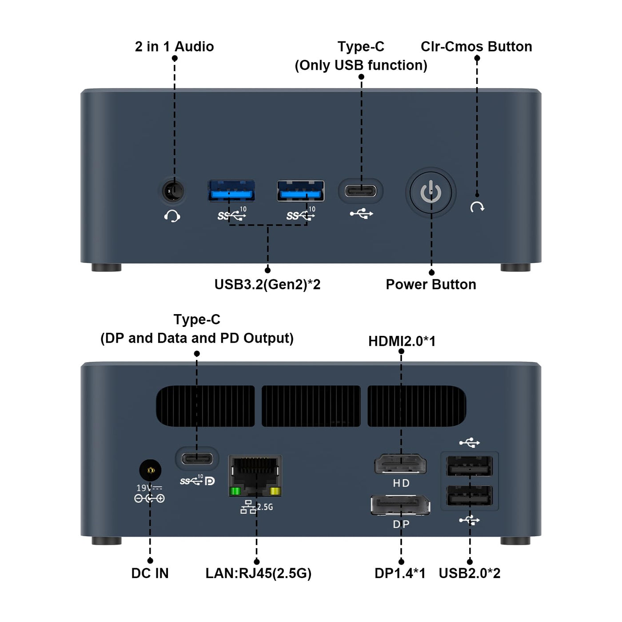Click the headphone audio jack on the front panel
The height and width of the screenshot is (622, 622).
click(173, 191)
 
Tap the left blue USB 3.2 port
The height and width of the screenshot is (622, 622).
click(231, 191)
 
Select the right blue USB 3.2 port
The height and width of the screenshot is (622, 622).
click(301, 191)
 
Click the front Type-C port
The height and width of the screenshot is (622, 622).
click(361, 191)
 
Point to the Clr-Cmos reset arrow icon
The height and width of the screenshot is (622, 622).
click(477, 207)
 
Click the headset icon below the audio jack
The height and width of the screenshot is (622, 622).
click(172, 216)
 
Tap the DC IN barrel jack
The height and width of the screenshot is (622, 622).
click(150, 470)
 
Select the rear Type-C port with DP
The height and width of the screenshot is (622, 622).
click(197, 458)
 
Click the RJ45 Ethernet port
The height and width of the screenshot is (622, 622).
click(255, 474)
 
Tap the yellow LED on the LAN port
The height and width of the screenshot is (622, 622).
click(275, 491)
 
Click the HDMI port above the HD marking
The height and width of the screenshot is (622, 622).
click(401, 465)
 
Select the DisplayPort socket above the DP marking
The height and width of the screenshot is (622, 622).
click(401, 506)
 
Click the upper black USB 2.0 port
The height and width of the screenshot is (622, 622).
click(470, 466)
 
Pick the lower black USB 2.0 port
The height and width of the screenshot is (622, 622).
click(470, 495)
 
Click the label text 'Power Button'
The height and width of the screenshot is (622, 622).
click(431, 284)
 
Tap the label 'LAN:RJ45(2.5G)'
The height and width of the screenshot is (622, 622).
click(258, 573)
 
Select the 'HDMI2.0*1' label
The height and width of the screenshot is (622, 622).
click(402, 341)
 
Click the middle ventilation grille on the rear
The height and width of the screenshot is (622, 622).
click(311, 406)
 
